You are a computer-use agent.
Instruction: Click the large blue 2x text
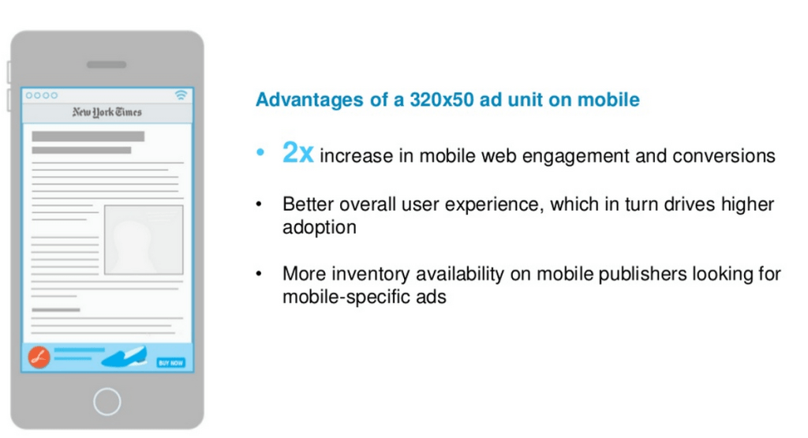(x=297, y=153)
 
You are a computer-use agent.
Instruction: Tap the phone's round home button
(x=107, y=401)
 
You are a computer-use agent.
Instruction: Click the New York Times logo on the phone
(x=107, y=113)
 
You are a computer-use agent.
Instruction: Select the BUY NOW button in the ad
(x=170, y=362)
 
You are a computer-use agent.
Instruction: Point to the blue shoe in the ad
(x=125, y=357)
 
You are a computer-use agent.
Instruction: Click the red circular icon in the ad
(x=39, y=358)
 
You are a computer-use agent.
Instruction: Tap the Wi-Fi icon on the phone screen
(x=181, y=95)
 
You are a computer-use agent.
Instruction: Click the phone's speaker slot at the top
(x=107, y=65)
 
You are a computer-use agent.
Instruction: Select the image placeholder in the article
(x=143, y=240)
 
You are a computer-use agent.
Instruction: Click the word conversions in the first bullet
(x=724, y=155)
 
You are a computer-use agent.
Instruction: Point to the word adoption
(x=320, y=227)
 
